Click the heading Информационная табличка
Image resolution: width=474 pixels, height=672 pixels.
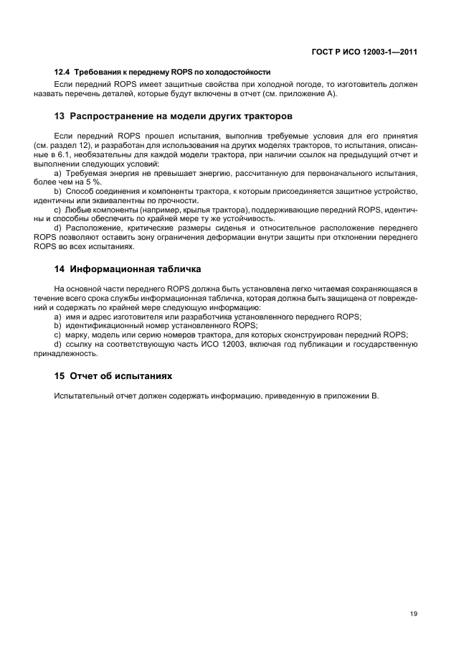click(135, 269)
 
